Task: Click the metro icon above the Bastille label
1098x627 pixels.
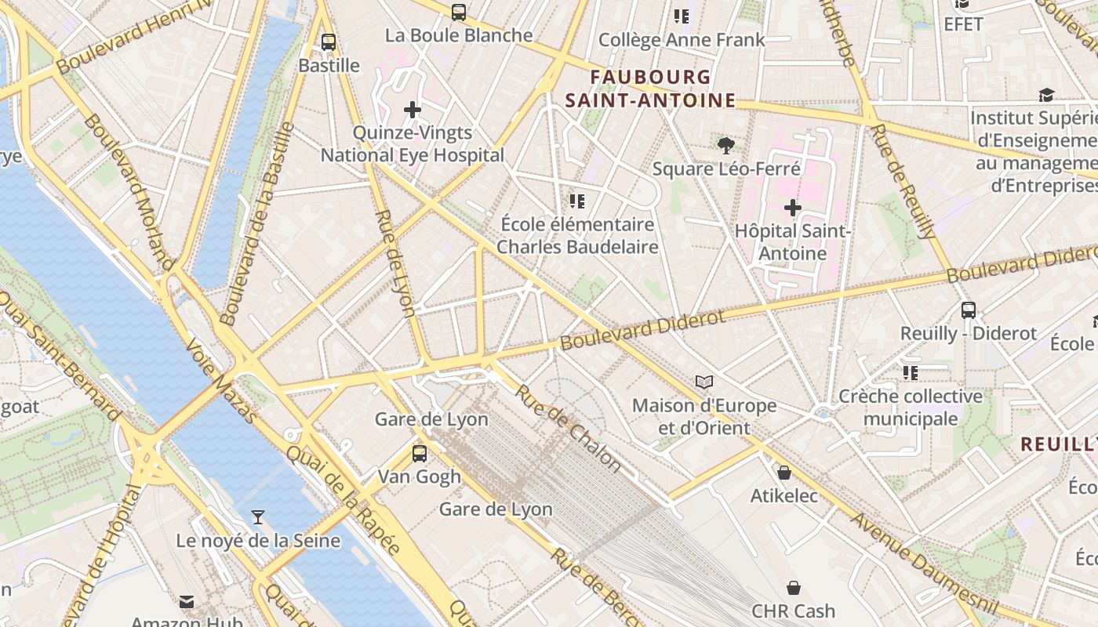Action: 329,42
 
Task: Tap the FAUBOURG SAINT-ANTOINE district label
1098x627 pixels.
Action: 650,89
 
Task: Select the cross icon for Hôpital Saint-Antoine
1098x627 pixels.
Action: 793,208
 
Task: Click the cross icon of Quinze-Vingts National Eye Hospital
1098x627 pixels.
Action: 413,110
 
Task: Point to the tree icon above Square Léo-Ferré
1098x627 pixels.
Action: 726,145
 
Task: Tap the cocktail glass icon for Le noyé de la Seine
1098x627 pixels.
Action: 257,516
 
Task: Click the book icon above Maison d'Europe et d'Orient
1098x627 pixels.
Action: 704,382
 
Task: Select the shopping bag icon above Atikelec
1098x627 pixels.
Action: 784,473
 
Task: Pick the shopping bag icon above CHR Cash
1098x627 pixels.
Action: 793,587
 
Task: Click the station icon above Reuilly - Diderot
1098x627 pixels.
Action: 969,310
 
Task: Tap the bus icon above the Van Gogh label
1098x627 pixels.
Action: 420,453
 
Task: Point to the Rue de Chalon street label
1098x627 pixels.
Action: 568,428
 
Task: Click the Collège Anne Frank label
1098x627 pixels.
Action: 681,40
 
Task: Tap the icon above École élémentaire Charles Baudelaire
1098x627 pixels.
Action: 577,201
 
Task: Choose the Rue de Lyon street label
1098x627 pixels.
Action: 395,263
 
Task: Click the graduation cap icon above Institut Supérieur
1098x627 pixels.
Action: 1046,95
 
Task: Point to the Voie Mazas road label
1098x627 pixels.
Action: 220,381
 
